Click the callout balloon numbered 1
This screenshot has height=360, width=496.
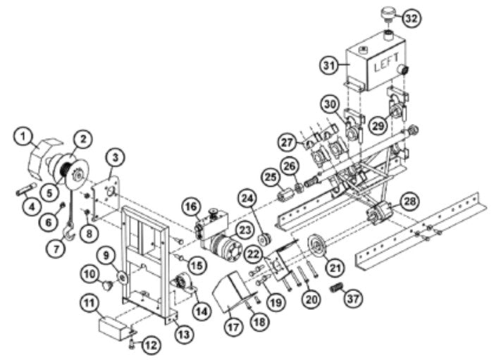25,134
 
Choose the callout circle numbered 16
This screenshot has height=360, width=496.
190,206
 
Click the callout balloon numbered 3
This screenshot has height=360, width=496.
118,155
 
